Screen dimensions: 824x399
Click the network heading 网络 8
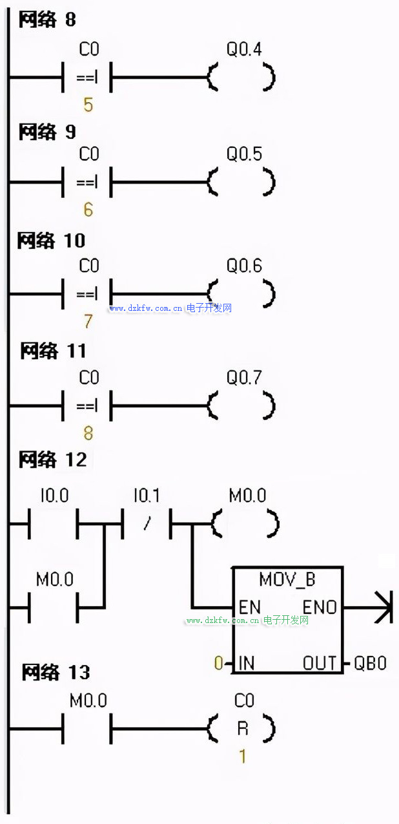click(x=47, y=20)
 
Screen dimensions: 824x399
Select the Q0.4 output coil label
click(x=244, y=49)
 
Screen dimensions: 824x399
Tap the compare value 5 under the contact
click(x=88, y=105)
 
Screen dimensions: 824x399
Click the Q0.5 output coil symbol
click(x=242, y=182)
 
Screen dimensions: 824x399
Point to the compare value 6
click(x=88, y=210)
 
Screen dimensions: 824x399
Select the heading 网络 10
click(x=52, y=241)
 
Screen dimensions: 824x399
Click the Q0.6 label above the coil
click(x=244, y=266)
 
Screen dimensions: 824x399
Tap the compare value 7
click(x=88, y=321)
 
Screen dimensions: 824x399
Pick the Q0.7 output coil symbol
click(x=242, y=406)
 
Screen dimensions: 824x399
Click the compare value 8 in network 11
click(x=88, y=432)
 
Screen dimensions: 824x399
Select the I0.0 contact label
click(x=54, y=496)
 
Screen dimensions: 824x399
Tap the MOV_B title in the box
click(x=287, y=579)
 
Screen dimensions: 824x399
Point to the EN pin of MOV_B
click(x=250, y=607)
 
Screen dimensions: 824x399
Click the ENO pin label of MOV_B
click(x=320, y=607)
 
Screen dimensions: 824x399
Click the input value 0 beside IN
click(x=218, y=663)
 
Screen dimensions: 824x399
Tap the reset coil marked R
click(x=242, y=729)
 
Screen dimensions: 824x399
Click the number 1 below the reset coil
click(x=243, y=755)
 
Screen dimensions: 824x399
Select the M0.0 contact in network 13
click(x=88, y=729)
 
